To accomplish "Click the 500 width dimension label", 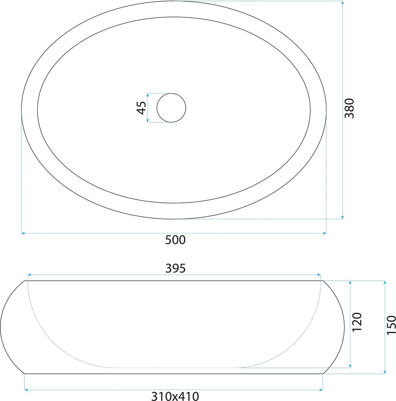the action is [x=175, y=240].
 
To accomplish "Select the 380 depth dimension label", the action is [x=350, y=108].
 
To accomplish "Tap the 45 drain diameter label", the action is [x=142, y=108].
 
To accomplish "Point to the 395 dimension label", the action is [x=175, y=268].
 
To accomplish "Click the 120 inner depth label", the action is [x=357, y=322].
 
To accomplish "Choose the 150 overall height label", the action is [x=391, y=325].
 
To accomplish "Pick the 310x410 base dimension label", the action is [x=175, y=396].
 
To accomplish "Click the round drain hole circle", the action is [x=171, y=93].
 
